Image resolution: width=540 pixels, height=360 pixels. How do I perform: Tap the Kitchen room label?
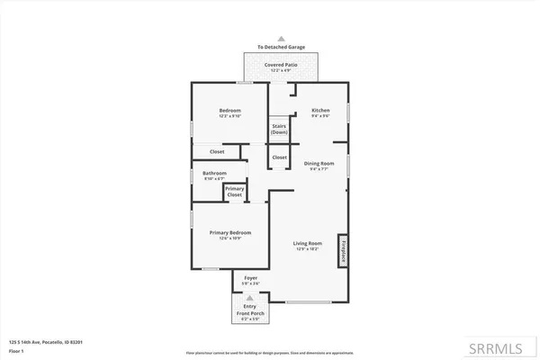click(320, 112)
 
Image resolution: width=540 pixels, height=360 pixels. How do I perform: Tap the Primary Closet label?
click(234, 192)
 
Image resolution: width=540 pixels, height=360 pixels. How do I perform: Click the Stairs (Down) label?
click(279, 129)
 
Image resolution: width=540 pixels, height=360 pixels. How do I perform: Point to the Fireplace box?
click(343, 250)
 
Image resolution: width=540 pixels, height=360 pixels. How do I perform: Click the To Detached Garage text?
click(281, 48)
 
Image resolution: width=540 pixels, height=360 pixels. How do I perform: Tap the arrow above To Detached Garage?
click(281, 39)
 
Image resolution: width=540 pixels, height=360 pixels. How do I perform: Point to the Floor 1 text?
click(16, 350)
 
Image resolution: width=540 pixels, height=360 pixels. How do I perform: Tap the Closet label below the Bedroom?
click(217, 152)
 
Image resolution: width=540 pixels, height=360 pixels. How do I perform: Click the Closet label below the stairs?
click(279, 157)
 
